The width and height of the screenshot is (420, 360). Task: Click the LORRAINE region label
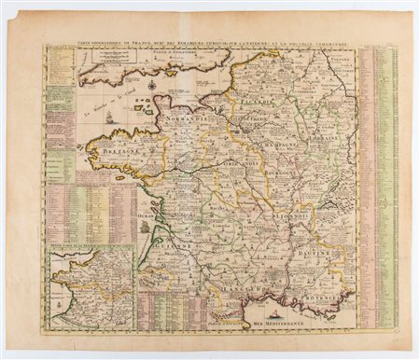click(x=326, y=135)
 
